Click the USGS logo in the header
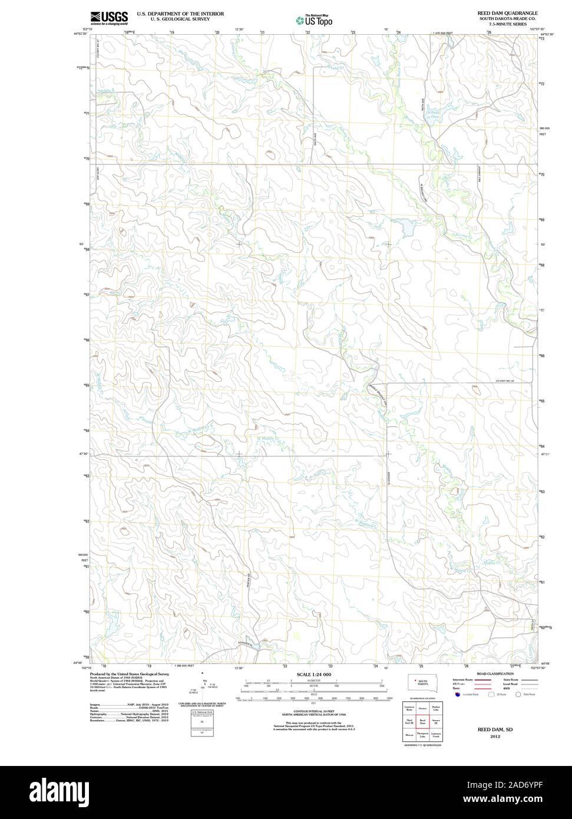point(108,18)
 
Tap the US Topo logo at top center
point(315,20)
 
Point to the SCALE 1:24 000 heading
point(314,674)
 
